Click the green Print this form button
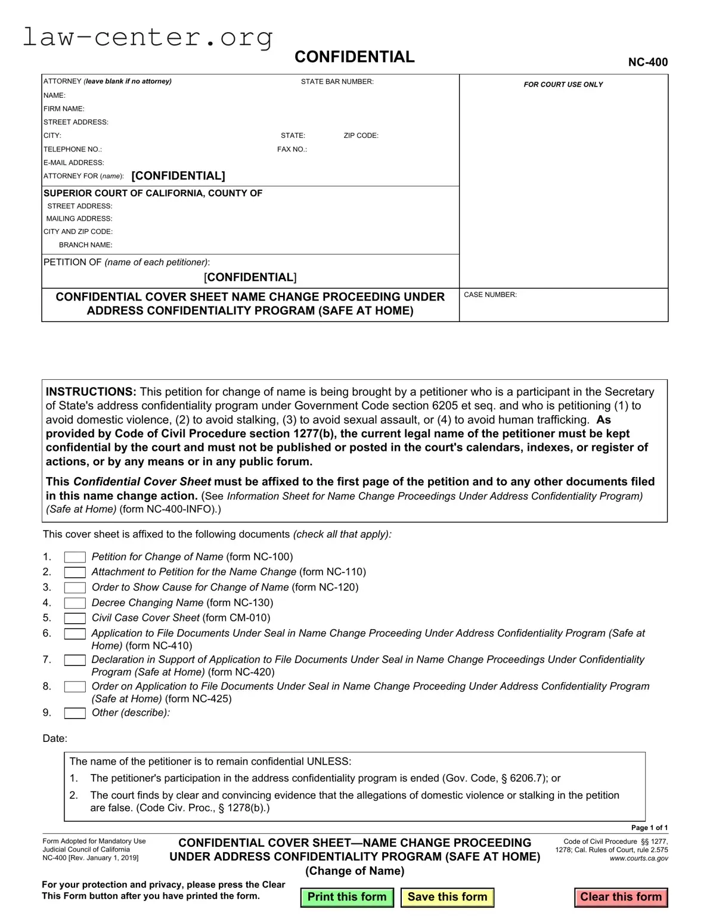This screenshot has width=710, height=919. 347,897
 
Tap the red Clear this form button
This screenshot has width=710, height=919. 621,897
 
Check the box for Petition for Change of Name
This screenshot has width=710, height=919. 75,557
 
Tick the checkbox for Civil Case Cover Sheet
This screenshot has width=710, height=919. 75,618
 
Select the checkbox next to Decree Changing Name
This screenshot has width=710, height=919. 75,603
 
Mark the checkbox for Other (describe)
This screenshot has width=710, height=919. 75,713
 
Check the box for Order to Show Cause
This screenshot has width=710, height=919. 75,587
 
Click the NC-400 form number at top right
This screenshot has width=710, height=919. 647,62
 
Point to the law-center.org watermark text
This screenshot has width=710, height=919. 147,37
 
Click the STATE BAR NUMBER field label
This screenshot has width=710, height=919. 337,82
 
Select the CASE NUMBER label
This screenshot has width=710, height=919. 490,295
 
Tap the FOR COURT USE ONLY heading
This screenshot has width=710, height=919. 563,85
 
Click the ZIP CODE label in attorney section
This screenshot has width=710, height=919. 361,135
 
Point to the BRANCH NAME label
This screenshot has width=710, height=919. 85,245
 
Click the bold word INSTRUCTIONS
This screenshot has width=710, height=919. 91,392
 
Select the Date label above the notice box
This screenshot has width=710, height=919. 54,738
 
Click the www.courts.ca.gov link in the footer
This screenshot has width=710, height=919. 638,858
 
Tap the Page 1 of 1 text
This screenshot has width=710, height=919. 649,827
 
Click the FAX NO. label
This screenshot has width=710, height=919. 292,149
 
